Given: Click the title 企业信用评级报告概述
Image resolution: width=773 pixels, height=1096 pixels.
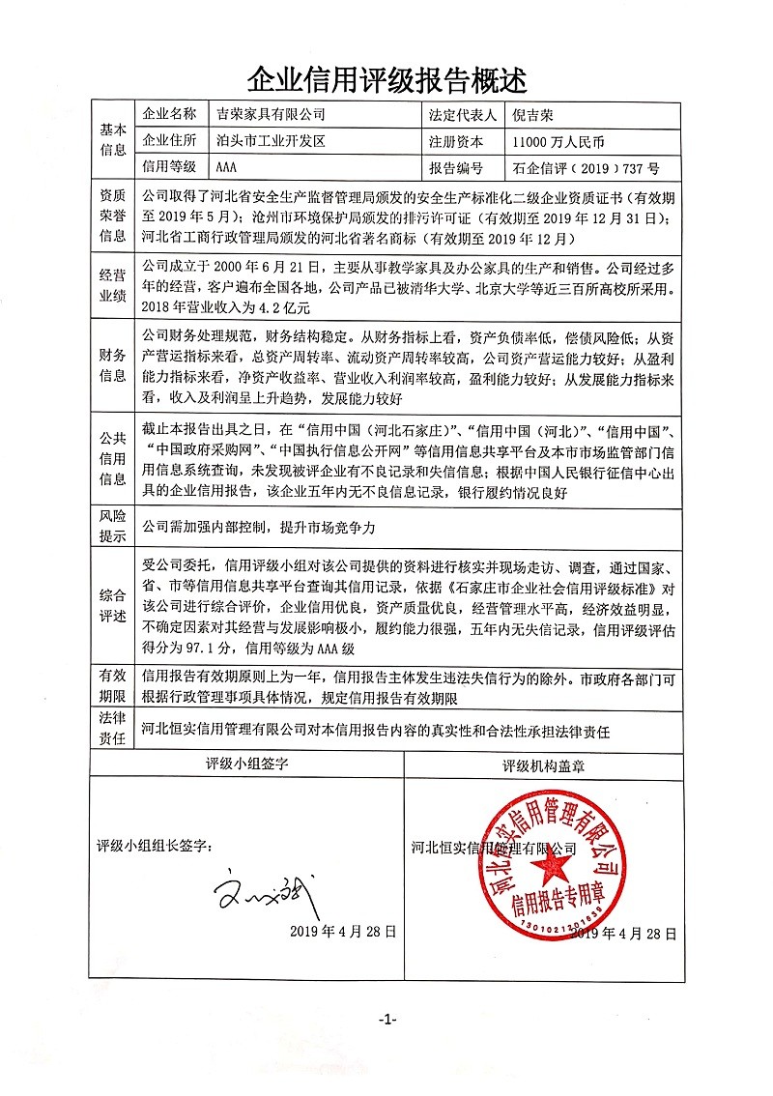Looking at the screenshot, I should [x=387, y=78].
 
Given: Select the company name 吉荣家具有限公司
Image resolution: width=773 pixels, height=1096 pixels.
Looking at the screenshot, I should [x=270, y=115].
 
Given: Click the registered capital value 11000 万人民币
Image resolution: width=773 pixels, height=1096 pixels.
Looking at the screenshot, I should [x=559, y=141].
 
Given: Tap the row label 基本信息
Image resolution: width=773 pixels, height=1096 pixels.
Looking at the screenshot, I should [x=113, y=141].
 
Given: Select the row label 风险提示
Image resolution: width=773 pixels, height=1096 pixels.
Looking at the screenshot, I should [x=113, y=527].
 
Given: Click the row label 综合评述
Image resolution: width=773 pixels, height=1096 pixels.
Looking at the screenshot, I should [x=113, y=604].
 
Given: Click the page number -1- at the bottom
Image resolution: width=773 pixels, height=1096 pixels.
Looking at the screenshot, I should [x=386, y=1020].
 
